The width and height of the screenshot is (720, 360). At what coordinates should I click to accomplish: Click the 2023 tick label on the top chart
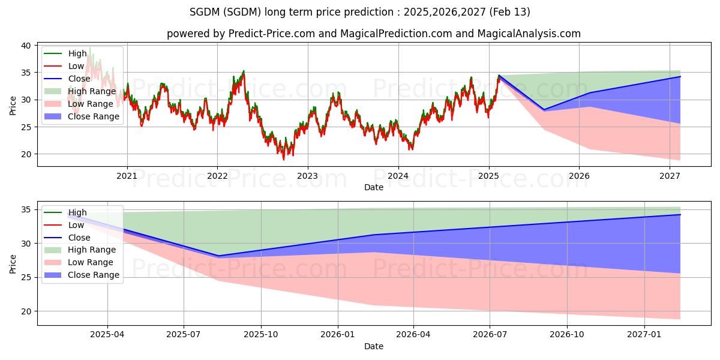[308, 176]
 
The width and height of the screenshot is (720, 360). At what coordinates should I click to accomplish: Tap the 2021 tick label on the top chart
[127, 176]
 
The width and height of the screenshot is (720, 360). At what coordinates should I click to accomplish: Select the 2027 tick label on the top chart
[670, 176]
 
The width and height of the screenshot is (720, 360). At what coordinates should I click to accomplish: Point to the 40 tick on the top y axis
[26, 46]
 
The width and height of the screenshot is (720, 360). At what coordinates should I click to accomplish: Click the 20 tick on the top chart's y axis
[26, 154]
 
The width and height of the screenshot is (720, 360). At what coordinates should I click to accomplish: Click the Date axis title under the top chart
[373, 187]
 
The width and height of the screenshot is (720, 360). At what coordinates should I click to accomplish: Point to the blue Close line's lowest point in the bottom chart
[218, 256]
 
